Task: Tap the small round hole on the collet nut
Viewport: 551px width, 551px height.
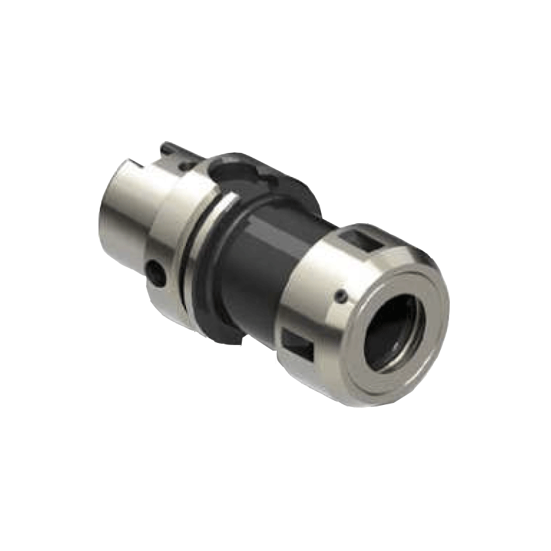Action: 340,295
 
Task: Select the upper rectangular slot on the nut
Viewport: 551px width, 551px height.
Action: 362,240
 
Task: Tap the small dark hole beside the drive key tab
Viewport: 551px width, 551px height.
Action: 185,166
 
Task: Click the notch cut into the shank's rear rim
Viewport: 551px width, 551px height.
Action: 135,165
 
